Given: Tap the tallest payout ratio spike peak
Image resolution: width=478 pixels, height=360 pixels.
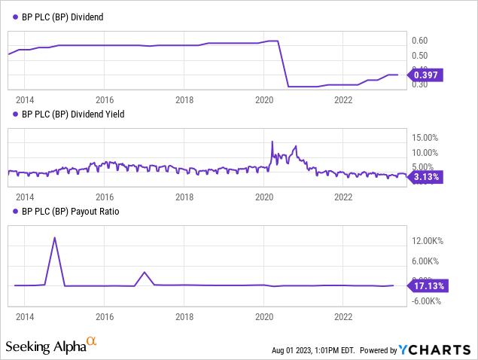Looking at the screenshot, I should [x=55, y=237].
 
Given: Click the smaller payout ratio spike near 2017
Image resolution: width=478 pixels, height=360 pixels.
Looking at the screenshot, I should [x=145, y=272].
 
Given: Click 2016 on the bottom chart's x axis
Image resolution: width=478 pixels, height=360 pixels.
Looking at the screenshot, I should [x=105, y=316].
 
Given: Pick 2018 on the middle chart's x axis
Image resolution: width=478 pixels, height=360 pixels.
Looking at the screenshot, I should [x=184, y=197].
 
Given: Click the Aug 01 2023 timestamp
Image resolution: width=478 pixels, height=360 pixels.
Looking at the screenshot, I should [x=314, y=351].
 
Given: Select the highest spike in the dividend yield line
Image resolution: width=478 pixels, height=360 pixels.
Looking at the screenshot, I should [x=272, y=142].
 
